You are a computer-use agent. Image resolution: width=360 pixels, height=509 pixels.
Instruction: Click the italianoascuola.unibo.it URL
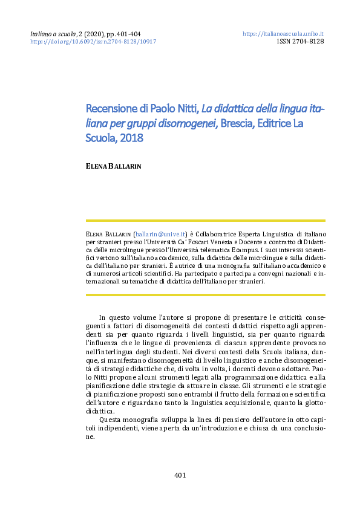pyautogui.click(x=283, y=34)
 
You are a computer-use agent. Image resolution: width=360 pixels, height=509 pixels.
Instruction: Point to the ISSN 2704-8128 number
pyautogui.click(x=300, y=42)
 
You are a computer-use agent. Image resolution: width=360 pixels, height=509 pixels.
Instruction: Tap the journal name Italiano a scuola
pyautogui.click(x=53, y=34)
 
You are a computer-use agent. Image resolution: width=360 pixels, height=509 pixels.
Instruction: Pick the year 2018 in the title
pyautogui.click(x=131, y=138)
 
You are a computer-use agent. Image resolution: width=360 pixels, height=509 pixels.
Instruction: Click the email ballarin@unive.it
pyautogui.click(x=160, y=233)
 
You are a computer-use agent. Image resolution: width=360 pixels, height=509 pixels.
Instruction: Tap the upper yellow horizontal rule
pyautogui.click(x=206, y=221)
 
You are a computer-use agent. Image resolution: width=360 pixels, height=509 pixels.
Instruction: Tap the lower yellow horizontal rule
pyautogui.click(x=206, y=295)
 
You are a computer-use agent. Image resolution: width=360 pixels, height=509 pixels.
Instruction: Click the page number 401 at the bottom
pyautogui.click(x=180, y=475)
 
